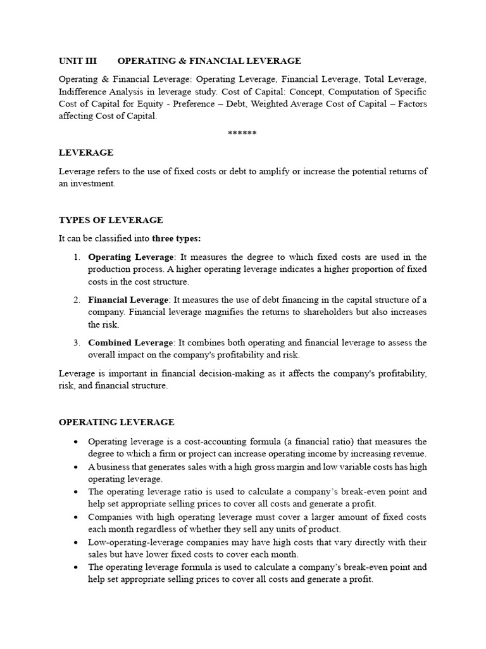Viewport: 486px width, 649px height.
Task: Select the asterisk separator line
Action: pyautogui.click(x=242, y=133)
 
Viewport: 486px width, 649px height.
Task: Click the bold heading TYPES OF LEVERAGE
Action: pyautogui.click(x=111, y=220)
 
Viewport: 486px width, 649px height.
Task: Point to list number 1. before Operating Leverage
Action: pyautogui.click(x=76, y=257)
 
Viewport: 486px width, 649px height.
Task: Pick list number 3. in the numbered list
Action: pyautogui.click(x=76, y=343)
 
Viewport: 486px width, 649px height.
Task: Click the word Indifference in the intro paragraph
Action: pyautogui.click(x=84, y=92)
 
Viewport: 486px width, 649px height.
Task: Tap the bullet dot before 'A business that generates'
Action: pyautogui.click(x=76, y=467)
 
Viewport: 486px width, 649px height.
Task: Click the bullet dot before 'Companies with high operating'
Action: pyautogui.click(x=76, y=517)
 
